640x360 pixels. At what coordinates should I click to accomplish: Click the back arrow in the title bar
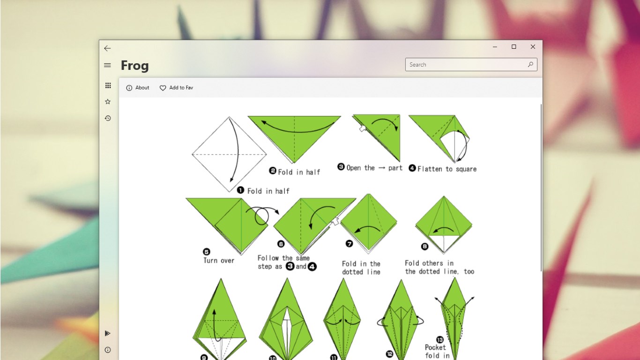click(x=107, y=48)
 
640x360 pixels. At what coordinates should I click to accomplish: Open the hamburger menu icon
click(x=107, y=65)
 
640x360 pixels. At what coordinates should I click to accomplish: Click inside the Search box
click(x=468, y=65)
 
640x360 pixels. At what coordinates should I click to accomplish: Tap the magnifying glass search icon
click(x=530, y=64)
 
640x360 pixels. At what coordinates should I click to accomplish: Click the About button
click(x=138, y=88)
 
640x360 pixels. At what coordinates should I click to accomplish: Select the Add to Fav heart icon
click(x=163, y=88)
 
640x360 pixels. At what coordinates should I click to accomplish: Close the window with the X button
click(x=533, y=46)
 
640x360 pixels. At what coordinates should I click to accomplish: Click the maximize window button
click(x=513, y=46)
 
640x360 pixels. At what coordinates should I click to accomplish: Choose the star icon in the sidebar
click(x=108, y=102)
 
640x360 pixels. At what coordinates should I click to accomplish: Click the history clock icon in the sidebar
click(x=108, y=118)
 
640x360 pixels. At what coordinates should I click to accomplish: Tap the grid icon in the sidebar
click(x=108, y=85)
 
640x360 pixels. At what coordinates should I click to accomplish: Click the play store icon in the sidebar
click(x=107, y=333)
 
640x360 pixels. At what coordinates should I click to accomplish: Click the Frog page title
click(x=135, y=66)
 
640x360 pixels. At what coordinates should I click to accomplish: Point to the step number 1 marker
click(x=240, y=190)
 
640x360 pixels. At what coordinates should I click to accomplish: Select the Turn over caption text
click(x=219, y=261)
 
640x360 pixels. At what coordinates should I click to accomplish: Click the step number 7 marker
click(x=349, y=243)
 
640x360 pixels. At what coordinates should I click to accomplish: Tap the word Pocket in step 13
click(x=435, y=347)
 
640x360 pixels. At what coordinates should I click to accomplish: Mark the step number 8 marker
click(x=425, y=247)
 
